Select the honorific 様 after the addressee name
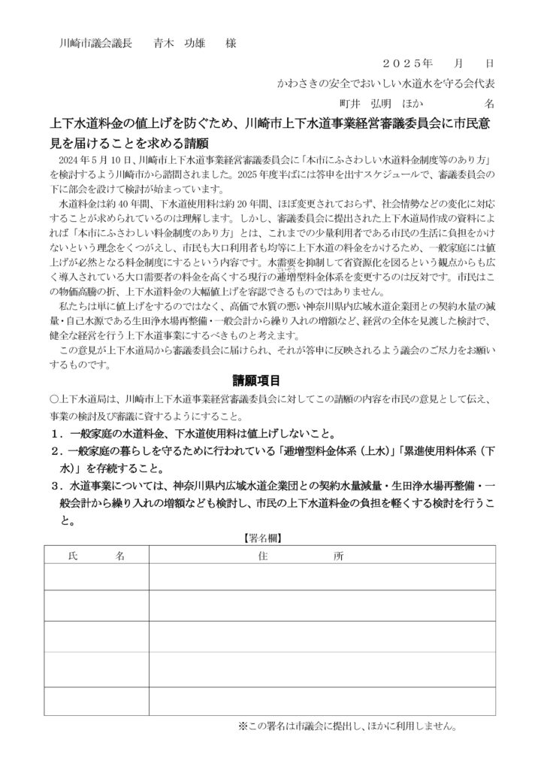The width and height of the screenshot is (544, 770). tap(230, 44)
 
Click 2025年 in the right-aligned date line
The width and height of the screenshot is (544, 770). tap(408, 65)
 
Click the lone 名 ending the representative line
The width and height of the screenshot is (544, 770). tap(488, 102)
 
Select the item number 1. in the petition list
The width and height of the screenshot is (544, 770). tap(56, 435)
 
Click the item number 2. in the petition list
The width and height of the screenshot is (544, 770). tap(56, 451)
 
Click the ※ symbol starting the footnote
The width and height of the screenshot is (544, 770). tap(243, 726)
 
